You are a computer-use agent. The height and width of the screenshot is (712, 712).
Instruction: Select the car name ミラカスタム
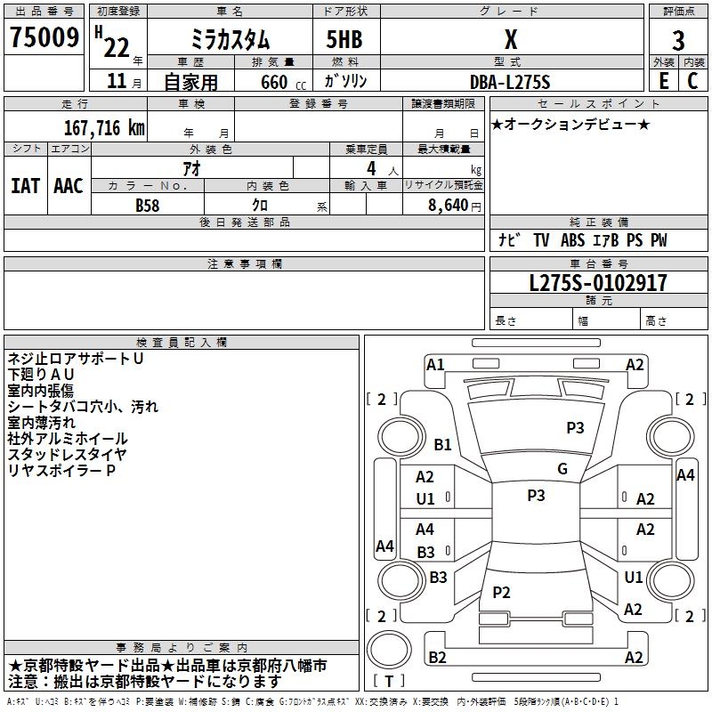click(231, 40)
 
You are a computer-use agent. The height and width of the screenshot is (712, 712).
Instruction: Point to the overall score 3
click(678, 40)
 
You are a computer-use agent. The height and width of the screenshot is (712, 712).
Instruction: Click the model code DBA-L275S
click(510, 81)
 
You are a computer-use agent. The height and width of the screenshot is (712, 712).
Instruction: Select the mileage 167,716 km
click(104, 127)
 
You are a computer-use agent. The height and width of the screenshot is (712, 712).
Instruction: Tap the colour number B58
click(147, 205)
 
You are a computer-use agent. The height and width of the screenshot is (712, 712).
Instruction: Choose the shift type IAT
click(25, 185)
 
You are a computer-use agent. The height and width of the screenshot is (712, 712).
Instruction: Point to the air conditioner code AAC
click(69, 185)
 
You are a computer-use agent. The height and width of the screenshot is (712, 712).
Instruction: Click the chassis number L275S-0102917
click(598, 284)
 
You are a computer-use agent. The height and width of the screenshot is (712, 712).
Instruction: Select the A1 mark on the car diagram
click(435, 364)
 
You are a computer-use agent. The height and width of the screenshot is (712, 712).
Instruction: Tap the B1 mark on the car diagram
click(443, 445)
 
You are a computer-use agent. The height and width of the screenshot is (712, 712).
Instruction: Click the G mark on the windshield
click(562, 469)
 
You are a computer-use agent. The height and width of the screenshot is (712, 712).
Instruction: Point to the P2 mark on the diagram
click(501, 593)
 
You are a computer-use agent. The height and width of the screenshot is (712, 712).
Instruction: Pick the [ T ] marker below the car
click(388, 681)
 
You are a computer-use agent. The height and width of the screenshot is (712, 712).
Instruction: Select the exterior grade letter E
click(663, 81)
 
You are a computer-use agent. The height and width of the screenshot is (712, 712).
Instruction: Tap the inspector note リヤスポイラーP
click(62, 470)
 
